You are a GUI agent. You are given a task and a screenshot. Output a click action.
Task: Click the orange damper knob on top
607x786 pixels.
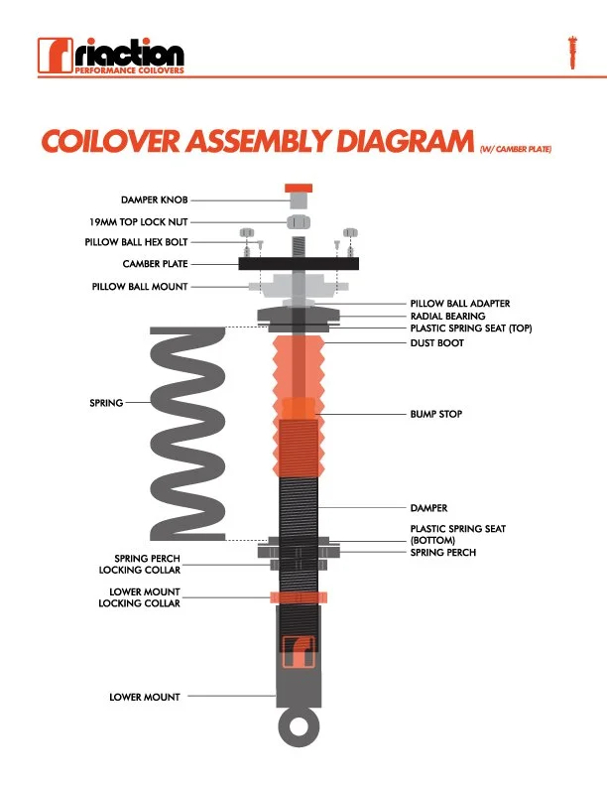[298, 188]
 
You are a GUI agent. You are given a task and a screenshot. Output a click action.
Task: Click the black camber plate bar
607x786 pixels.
[298, 263]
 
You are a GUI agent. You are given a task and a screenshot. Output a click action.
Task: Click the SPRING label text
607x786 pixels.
[106, 403]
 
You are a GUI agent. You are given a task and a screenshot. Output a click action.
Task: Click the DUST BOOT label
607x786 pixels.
[436, 342]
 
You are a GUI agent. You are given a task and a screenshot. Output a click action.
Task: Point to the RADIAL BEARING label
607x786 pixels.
[447, 316]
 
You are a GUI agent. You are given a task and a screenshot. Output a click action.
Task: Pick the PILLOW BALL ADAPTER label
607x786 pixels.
[460, 303]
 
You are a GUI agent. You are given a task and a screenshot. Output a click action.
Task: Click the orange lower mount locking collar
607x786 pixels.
[298, 596]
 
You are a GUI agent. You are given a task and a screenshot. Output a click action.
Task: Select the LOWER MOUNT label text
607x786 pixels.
[145, 697]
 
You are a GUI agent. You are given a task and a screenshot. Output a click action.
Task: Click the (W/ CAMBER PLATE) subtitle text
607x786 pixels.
[515, 149]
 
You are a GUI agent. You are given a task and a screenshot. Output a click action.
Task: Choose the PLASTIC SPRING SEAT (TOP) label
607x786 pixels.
[471, 328]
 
